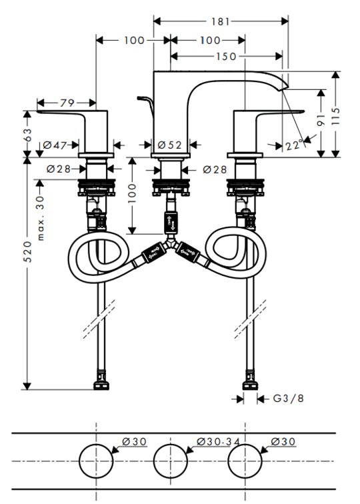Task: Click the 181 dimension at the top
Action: [221, 21]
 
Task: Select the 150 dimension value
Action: [226, 57]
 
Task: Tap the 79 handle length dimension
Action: [67, 103]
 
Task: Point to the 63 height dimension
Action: [27, 135]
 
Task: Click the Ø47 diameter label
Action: [55, 145]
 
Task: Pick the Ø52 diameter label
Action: [170, 145]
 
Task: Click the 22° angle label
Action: [294, 145]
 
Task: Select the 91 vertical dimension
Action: [321, 119]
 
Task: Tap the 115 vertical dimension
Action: [335, 117]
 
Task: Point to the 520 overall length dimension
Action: [27, 251]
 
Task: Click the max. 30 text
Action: [41, 218]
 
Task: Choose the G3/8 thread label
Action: [288, 399]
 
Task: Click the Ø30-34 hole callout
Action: [218, 441]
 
